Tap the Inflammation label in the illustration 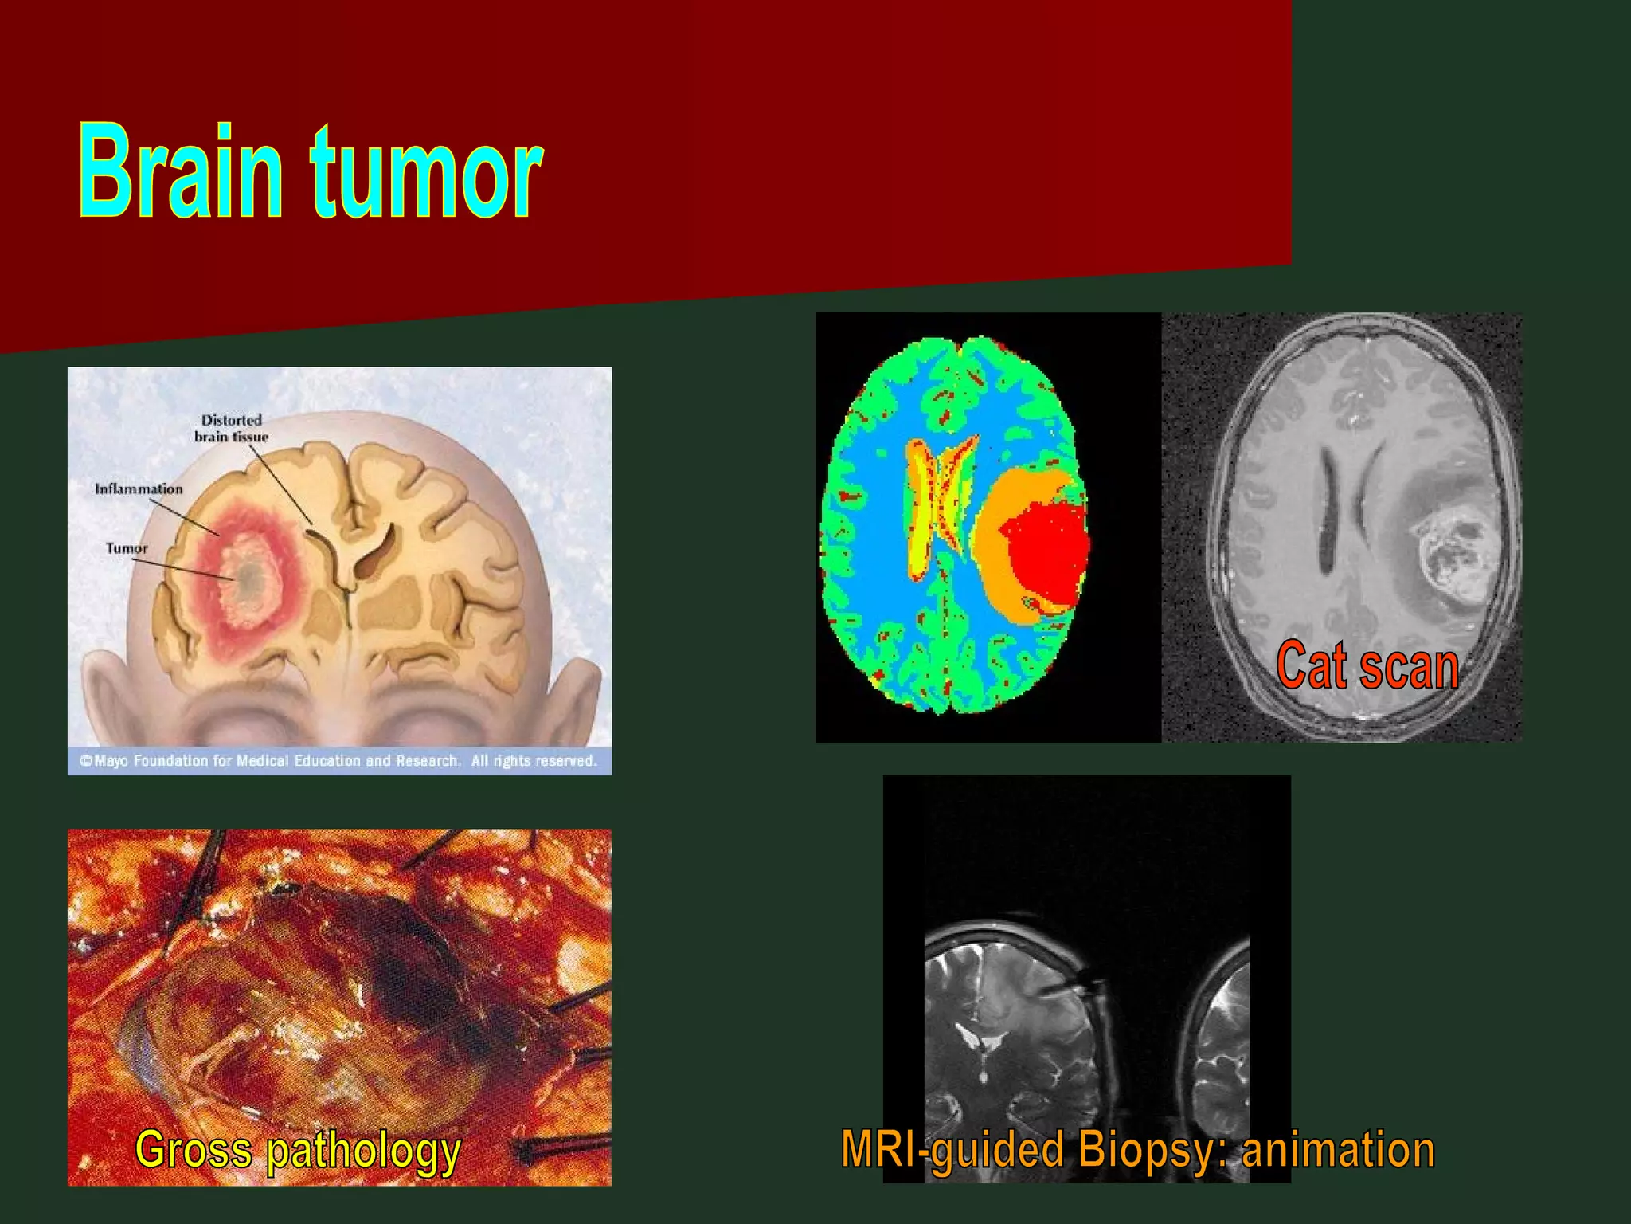tap(139, 488)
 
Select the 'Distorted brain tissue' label tap(231, 428)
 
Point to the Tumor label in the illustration tap(127, 548)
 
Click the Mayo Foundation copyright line tap(338, 761)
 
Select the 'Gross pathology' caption tap(298, 1150)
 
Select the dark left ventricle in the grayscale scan tap(1328, 510)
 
